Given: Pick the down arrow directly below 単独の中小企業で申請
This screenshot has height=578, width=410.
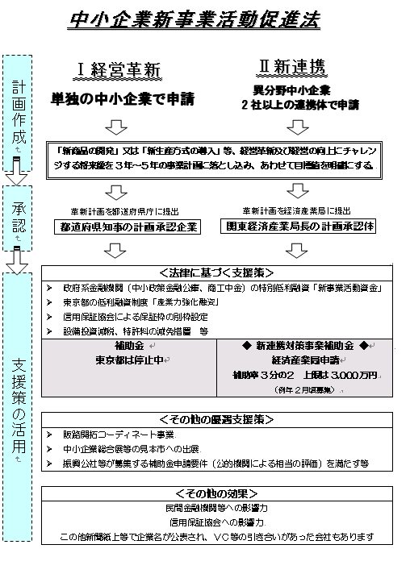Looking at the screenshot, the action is [117, 127].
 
